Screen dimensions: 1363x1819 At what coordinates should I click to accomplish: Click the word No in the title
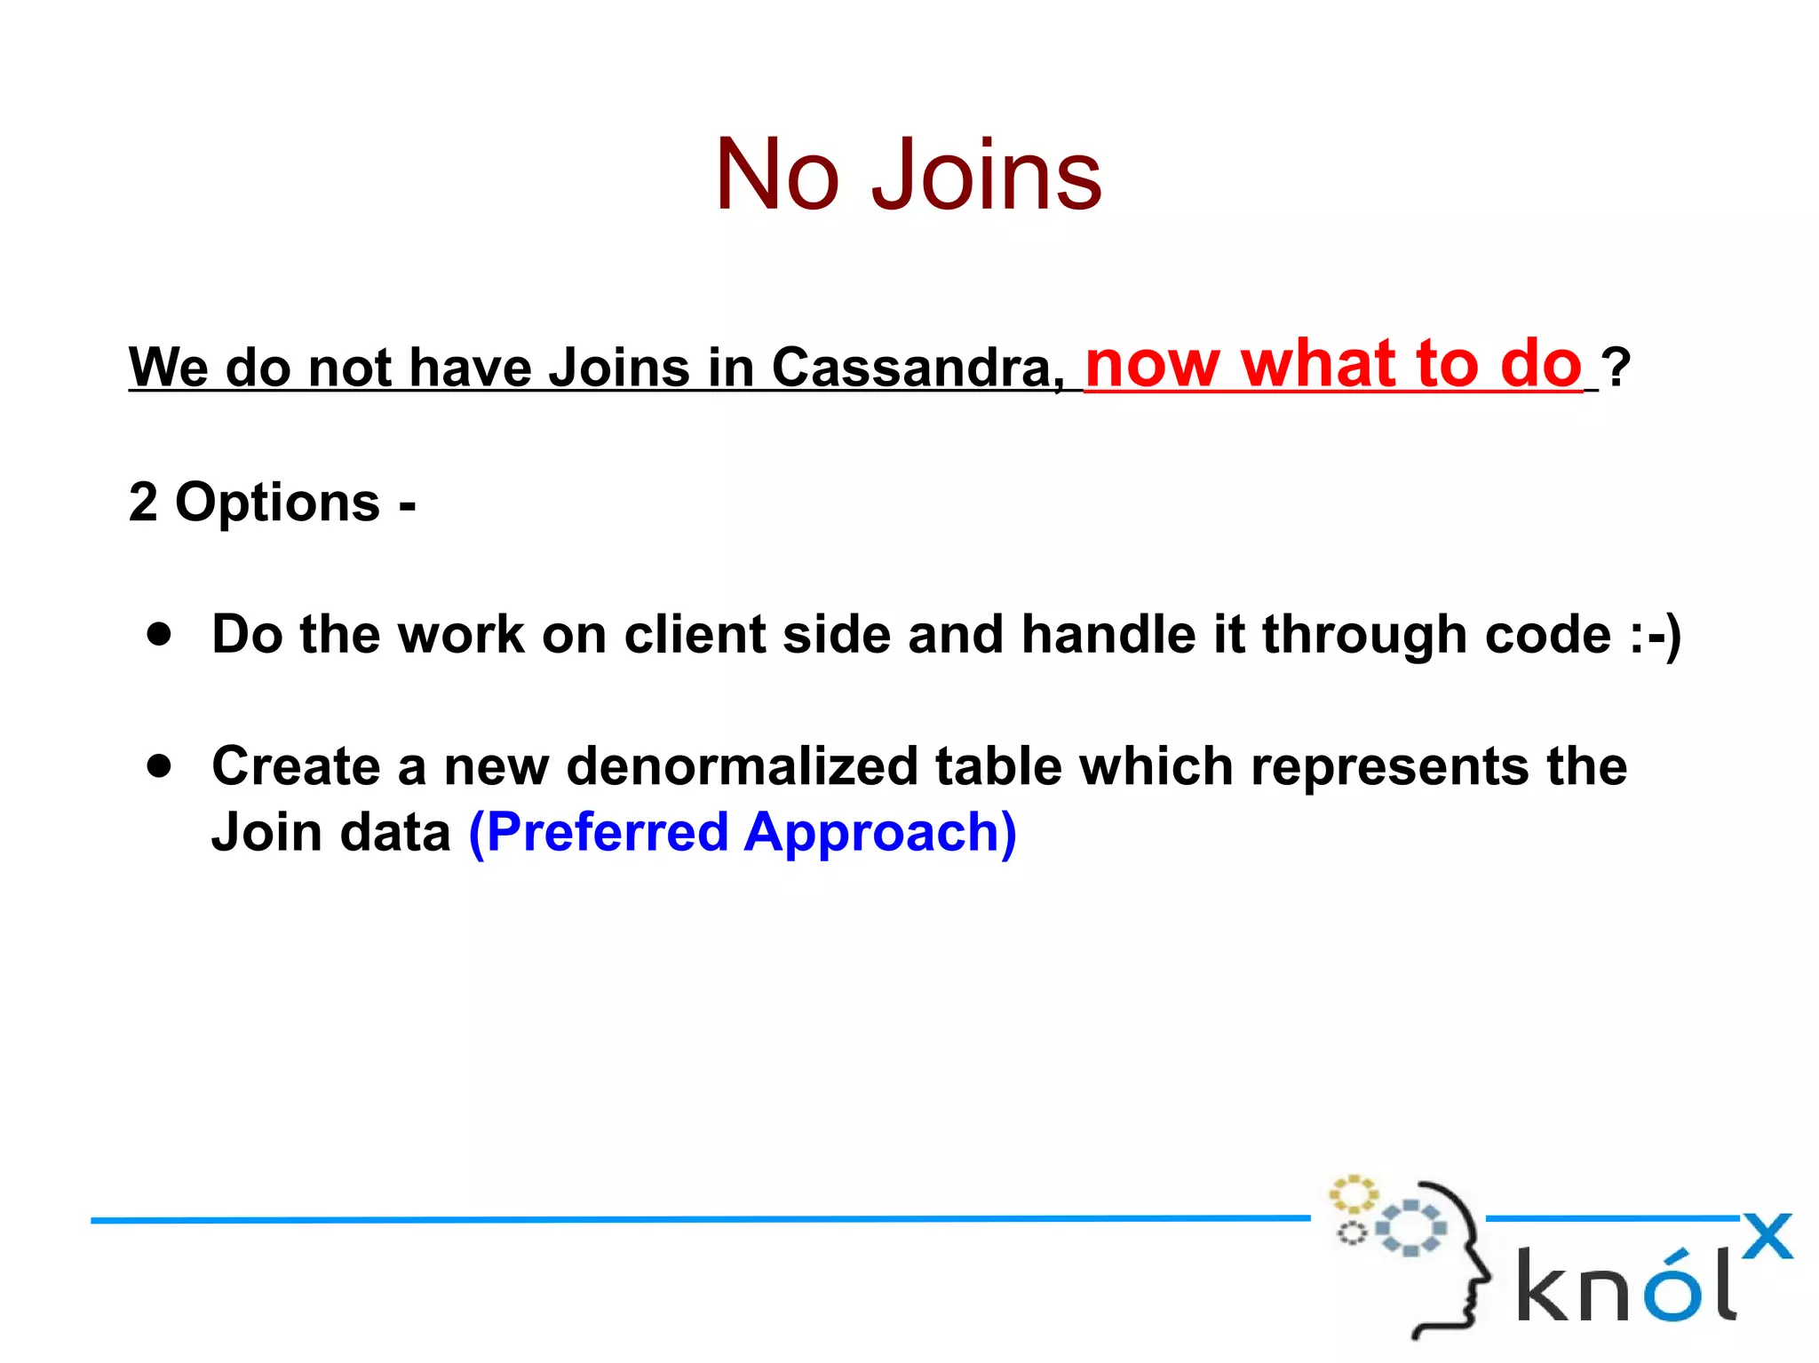[x=777, y=175]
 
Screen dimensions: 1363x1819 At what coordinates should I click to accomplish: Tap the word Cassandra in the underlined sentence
[x=917, y=367]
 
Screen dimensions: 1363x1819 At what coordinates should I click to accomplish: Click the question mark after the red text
[x=1617, y=367]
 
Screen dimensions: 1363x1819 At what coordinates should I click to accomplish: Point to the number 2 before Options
[x=143, y=502]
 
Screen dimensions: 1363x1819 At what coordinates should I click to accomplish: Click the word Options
[x=277, y=503]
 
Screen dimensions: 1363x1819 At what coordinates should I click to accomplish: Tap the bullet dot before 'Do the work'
[x=160, y=634]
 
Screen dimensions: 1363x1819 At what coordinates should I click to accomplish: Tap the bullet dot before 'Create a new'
[x=160, y=765]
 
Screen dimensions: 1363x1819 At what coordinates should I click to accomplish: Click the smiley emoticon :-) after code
[x=1656, y=635]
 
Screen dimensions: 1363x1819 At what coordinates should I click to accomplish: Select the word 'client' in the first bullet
[x=695, y=634]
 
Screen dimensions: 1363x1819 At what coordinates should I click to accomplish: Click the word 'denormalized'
[x=742, y=765]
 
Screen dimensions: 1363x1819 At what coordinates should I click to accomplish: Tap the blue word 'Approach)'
[x=880, y=834]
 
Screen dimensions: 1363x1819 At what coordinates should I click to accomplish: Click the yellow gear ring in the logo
[x=1353, y=1194]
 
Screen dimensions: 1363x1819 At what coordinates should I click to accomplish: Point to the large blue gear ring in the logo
[x=1410, y=1228]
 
